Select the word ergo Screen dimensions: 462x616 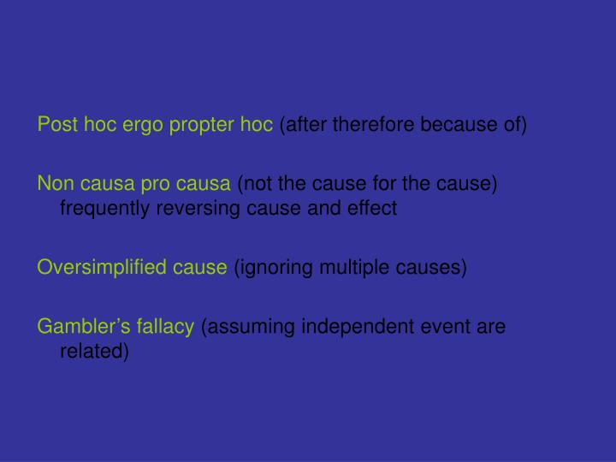coord(136,126)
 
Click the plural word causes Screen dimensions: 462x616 coord(433,268)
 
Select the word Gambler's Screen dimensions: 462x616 coord(78,326)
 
